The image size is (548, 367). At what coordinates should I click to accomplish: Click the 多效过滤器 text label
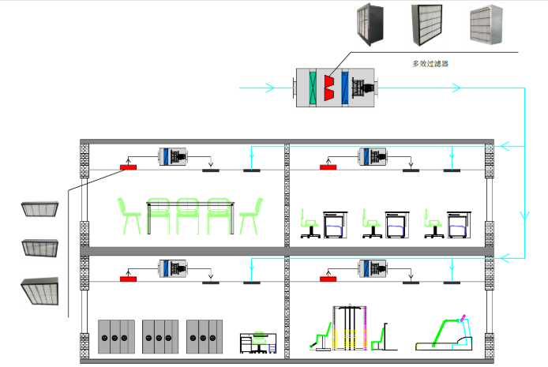click(x=430, y=64)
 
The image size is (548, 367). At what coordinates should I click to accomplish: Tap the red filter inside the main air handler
click(x=328, y=88)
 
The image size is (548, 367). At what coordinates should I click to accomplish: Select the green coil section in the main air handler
click(x=313, y=88)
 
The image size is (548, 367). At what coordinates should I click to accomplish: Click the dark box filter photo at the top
click(x=370, y=24)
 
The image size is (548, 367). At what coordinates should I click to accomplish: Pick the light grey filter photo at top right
click(x=486, y=25)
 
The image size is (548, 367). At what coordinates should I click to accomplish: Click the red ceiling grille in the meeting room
click(x=128, y=167)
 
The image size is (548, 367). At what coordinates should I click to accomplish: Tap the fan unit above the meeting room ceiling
click(x=173, y=156)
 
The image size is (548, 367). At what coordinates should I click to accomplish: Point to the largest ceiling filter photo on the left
click(x=39, y=291)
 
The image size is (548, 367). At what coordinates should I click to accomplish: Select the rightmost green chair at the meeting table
click(x=251, y=215)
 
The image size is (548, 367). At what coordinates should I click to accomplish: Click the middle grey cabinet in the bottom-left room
click(x=160, y=337)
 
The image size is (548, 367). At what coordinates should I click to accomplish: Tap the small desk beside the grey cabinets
click(x=258, y=343)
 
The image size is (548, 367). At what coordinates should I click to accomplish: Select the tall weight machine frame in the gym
click(x=349, y=328)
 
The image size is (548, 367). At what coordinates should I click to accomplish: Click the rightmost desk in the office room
click(x=460, y=224)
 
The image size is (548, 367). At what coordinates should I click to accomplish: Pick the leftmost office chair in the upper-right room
click(x=310, y=223)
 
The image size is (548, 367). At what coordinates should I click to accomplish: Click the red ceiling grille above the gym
click(x=328, y=279)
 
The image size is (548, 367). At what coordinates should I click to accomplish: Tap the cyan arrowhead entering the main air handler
click(x=269, y=88)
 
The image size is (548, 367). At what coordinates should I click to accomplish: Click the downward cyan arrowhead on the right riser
click(x=524, y=215)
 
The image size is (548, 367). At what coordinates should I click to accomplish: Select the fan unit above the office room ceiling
click(x=373, y=156)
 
